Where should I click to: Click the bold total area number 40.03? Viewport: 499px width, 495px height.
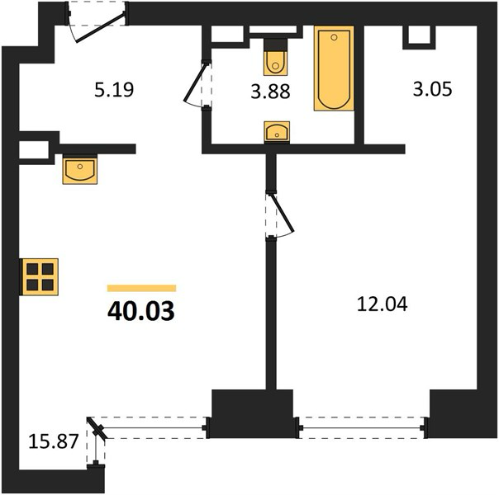click(x=141, y=311)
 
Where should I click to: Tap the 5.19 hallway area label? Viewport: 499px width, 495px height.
click(x=114, y=90)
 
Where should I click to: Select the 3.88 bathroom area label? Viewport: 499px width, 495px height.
click(x=270, y=92)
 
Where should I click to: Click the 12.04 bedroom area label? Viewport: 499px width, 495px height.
click(x=383, y=304)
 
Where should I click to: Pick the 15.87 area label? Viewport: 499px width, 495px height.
click(x=54, y=441)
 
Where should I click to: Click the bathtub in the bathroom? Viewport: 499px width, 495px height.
click(x=334, y=68)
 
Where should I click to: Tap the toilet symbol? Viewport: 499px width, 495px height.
click(x=276, y=57)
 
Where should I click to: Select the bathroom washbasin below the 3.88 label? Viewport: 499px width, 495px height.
click(x=277, y=131)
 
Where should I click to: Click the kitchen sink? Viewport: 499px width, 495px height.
click(x=80, y=170)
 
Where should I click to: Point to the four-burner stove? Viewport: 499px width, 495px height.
click(x=40, y=276)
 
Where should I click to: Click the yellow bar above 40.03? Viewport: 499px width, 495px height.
click(x=141, y=288)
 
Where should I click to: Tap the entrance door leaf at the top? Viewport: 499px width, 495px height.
click(x=100, y=28)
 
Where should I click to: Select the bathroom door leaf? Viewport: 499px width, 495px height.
click(x=195, y=82)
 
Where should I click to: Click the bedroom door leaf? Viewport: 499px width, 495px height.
click(x=282, y=213)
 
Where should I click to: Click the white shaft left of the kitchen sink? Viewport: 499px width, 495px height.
click(x=34, y=149)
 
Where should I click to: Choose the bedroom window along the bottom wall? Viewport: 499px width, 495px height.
click(x=363, y=427)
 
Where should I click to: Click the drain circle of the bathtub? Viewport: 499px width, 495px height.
click(x=334, y=37)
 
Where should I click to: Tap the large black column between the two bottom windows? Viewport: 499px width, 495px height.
click(x=252, y=413)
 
